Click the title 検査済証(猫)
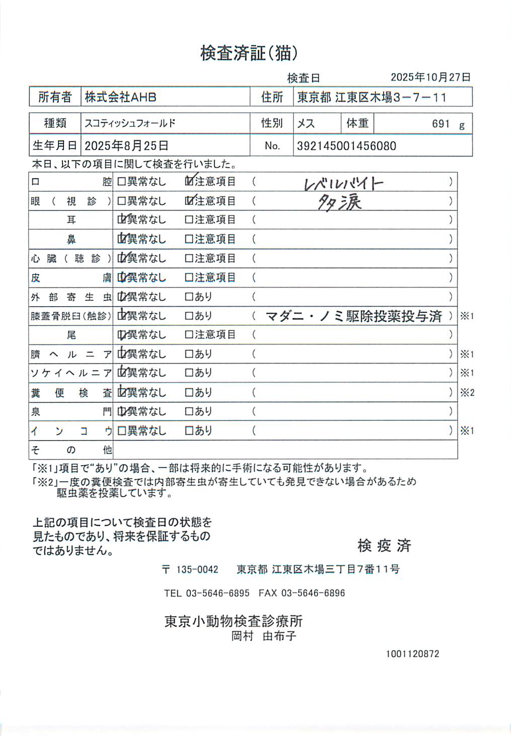pyautogui.click(x=249, y=53)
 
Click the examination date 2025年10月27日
pyautogui.click(x=430, y=77)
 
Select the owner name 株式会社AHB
pyautogui.click(x=120, y=97)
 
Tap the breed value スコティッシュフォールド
pyautogui.click(x=130, y=123)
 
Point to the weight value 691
pyautogui.click(x=441, y=124)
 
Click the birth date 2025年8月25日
pyautogui.click(x=126, y=146)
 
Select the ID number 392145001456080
pyautogui.click(x=346, y=146)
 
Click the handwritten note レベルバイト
pyautogui.click(x=344, y=184)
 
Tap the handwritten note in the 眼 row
pyautogui.click(x=340, y=202)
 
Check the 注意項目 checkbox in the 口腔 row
pyautogui.click(x=189, y=181)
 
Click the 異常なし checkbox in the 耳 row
pyautogui.click(x=122, y=219)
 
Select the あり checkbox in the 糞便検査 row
pyautogui.click(x=189, y=392)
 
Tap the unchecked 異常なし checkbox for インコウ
pyautogui.click(x=121, y=431)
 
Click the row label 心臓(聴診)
pyautogui.click(x=70, y=258)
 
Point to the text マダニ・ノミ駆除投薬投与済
pyautogui.click(x=353, y=316)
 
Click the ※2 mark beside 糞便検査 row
pyautogui.click(x=467, y=393)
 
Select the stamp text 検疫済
pyautogui.click(x=384, y=545)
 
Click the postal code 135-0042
pyautogui.click(x=197, y=569)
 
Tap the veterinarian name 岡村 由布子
pyautogui.click(x=264, y=636)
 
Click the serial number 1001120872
pyautogui.click(x=412, y=654)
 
